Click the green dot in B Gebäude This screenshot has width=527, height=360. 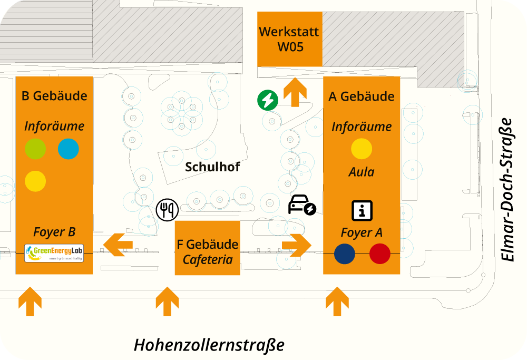[x=36, y=149]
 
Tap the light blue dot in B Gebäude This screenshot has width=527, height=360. [x=68, y=149]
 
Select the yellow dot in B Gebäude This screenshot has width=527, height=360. [x=35, y=181]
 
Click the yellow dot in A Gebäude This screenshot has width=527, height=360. [x=362, y=149]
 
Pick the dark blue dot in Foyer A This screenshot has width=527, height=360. [x=345, y=254]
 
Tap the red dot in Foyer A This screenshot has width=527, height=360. [x=379, y=254]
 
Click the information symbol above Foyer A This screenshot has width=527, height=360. [x=362, y=211]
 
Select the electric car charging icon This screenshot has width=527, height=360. [x=301, y=206]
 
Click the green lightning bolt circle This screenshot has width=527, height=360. [x=268, y=100]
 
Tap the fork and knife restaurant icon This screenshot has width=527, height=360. [x=168, y=210]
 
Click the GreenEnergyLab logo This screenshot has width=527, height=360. [x=54, y=253]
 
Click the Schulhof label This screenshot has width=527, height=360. [x=212, y=167]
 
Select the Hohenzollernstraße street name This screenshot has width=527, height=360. [x=209, y=345]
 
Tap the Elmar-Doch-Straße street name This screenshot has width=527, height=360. [x=506, y=189]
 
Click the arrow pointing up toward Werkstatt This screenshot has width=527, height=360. [x=295, y=92]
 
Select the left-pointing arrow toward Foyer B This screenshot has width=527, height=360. [x=118, y=245]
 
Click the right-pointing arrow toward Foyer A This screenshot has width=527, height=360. [x=297, y=245]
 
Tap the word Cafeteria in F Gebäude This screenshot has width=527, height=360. [x=208, y=259]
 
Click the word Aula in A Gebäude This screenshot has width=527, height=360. [x=362, y=172]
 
